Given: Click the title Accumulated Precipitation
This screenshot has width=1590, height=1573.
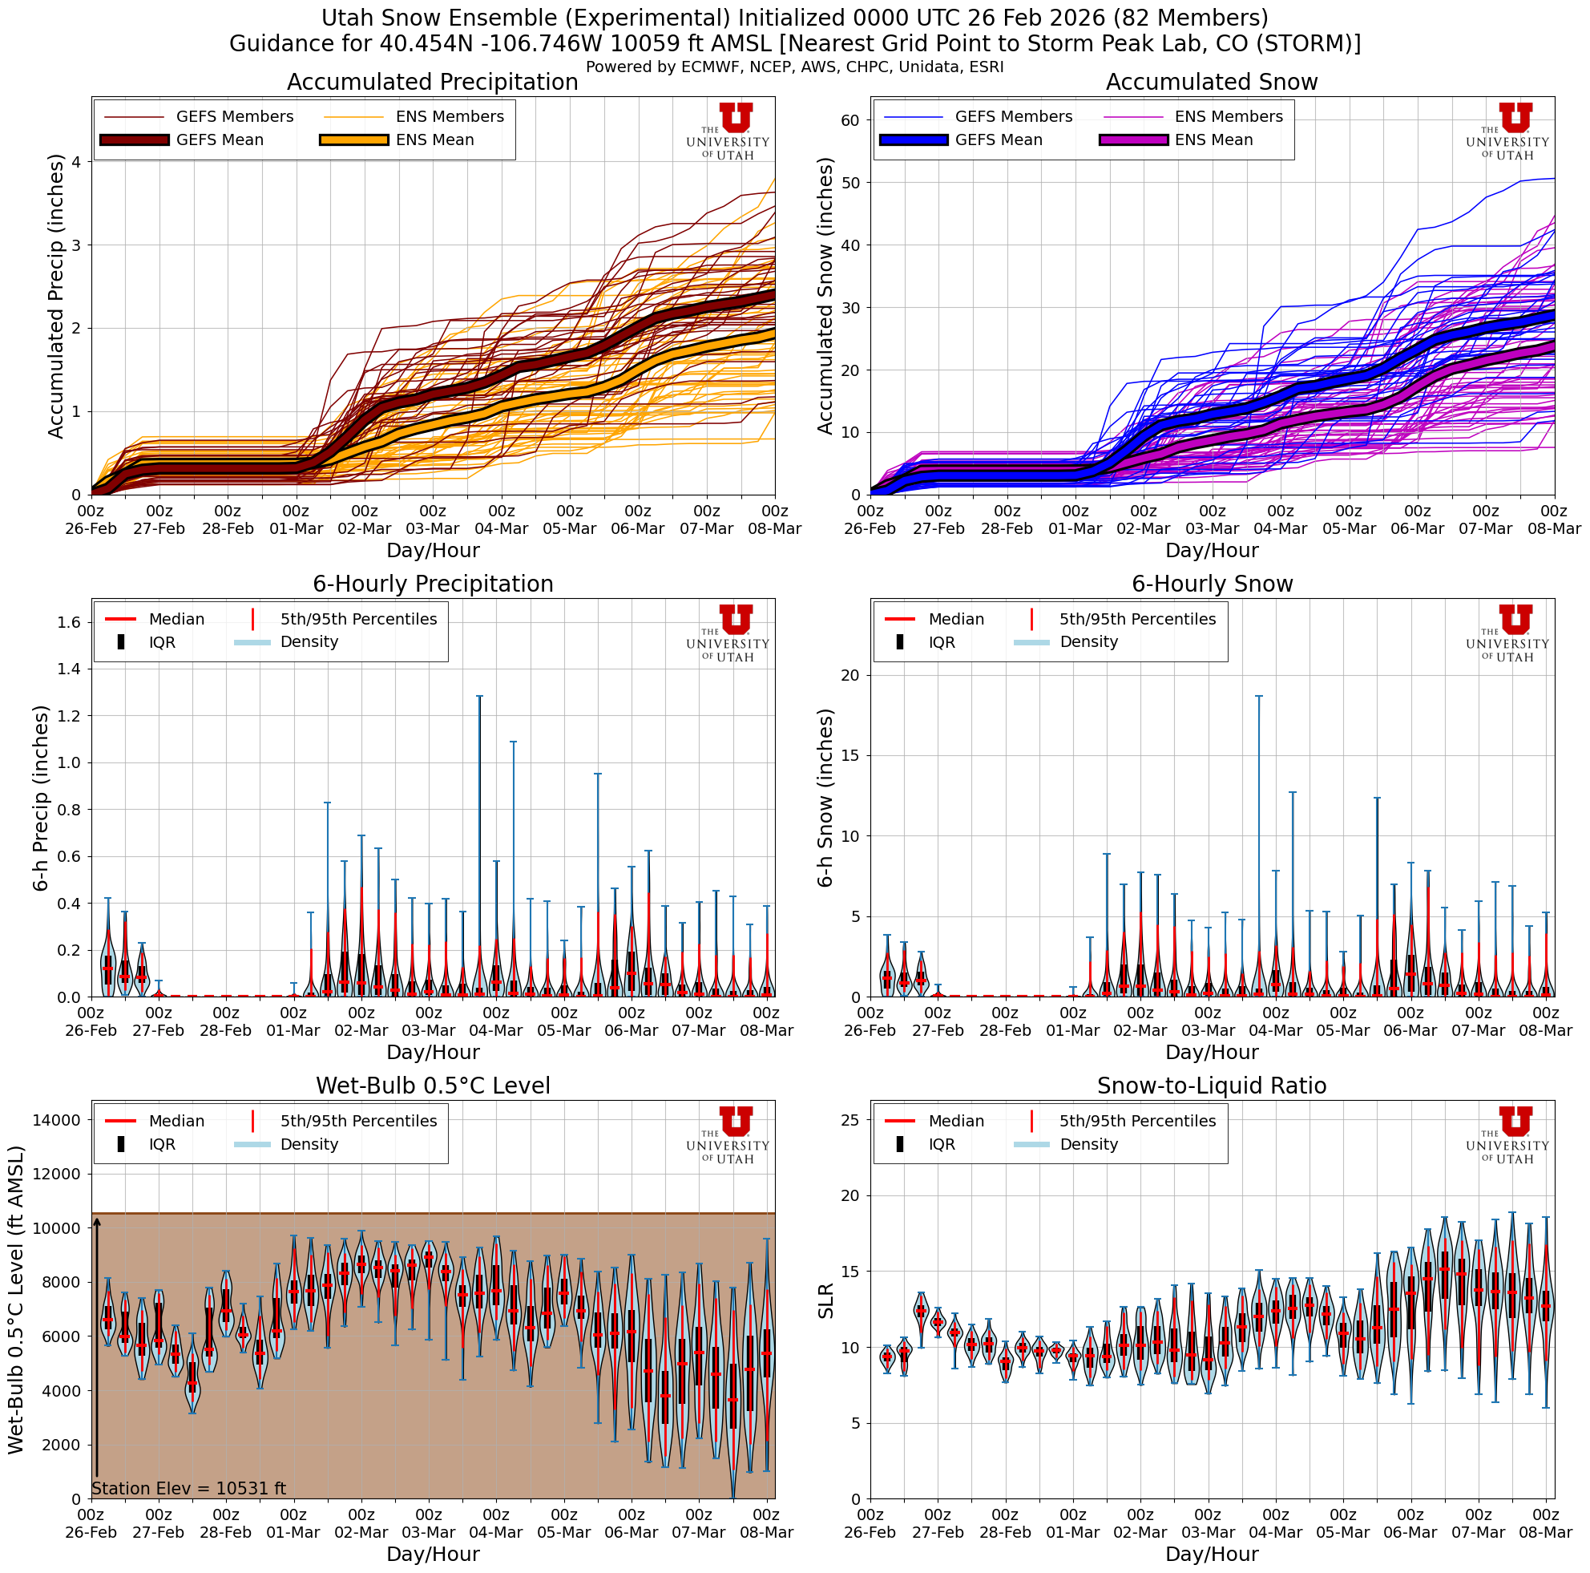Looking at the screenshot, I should [x=432, y=83].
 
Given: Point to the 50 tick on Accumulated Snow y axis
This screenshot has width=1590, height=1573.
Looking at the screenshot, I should [x=849, y=183].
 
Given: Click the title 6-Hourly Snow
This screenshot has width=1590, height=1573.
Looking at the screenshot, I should [x=1212, y=584].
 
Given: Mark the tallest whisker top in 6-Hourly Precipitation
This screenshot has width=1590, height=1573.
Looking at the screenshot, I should [x=480, y=697].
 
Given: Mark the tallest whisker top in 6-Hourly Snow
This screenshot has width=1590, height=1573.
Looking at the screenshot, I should [x=1258, y=697].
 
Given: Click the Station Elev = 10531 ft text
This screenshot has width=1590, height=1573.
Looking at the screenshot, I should [x=188, y=1488].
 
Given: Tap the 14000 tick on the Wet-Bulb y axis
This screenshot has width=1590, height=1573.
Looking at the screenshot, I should [x=57, y=1120].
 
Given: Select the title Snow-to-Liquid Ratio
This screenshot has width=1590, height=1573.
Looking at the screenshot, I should [x=1212, y=1086].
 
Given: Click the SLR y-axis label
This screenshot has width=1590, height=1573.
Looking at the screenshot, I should [x=825, y=1300].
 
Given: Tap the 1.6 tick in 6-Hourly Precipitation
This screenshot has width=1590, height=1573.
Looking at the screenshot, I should [x=70, y=622].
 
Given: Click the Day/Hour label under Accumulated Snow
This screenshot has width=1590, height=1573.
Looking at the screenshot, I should [x=1212, y=551].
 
